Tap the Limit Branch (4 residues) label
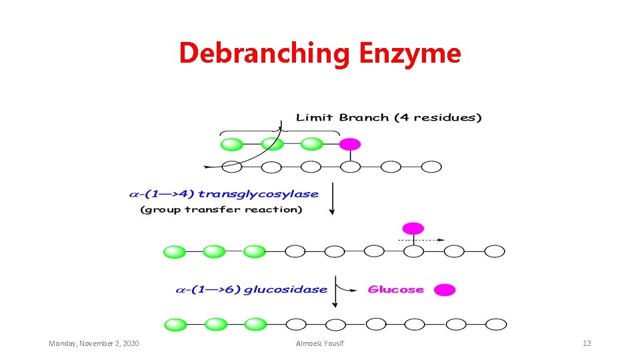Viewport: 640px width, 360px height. (x=389, y=118)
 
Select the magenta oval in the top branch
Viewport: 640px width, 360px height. (x=350, y=144)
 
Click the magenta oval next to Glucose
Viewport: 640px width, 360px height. (x=445, y=289)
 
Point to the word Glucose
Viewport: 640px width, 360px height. (x=396, y=289)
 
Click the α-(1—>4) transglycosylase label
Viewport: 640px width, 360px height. (x=223, y=194)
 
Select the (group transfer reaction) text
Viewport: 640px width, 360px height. (x=221, y=209)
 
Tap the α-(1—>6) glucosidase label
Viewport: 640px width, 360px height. (x=251, y=289)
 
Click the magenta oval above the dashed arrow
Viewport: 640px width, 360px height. (x=413, y=228)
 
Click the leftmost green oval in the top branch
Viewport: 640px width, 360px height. (x=231, y=144)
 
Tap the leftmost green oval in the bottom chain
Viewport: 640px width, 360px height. (x=175, y=325)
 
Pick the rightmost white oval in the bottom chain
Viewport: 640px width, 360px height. (x=495, y=325)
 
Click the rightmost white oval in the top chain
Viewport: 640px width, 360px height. (x=431, y=167)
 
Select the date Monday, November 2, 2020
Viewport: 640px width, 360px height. (x=94, y=343)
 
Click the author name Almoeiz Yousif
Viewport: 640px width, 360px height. (x=320, y=343)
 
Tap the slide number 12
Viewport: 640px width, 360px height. (x=587, y=343)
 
